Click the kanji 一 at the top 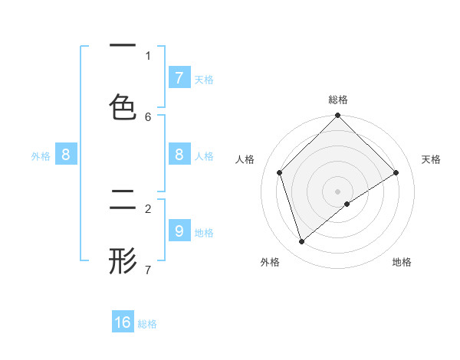[x=123, y=47]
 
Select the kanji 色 [x=123, y=108]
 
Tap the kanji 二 [x=123, y=201]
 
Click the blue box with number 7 [x=179, y=77]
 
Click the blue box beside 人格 [x=179, y=155]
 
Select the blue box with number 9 [x=179, y=231]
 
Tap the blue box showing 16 [x=123, y=322]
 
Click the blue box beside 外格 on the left [x=65, y=155]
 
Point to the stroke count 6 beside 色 [x=148, y=116]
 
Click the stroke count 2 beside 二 [x=148, y=208]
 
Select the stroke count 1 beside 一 [x=148, y=55]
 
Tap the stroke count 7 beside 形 [x=148, y=270]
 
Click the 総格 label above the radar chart [x=338, y=100]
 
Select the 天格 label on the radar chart [x=432, y=159]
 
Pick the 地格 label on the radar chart [x=402, y=262]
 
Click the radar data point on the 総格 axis [x=338, y=116]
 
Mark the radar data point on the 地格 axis [x=347, y=204]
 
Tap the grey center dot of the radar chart [x=338, y=191]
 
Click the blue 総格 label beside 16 [x=147, y=323]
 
